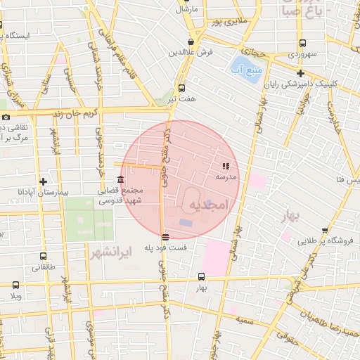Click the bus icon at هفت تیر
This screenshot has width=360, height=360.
click(182, 88)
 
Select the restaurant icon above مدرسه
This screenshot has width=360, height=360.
click(226, 167)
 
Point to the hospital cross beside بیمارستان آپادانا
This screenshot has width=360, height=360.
click(44, 181)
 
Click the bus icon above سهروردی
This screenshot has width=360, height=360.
click(302, 43)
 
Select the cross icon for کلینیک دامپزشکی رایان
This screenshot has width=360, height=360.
click(300, 73)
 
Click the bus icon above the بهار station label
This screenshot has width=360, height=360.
click(202, 276)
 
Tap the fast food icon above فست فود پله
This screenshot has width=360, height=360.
click(165, 237)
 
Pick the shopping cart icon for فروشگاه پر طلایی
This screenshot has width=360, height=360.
click(325, 230)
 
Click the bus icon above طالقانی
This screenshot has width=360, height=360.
click(44, 257)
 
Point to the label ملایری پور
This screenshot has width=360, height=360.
click(232, 22)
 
